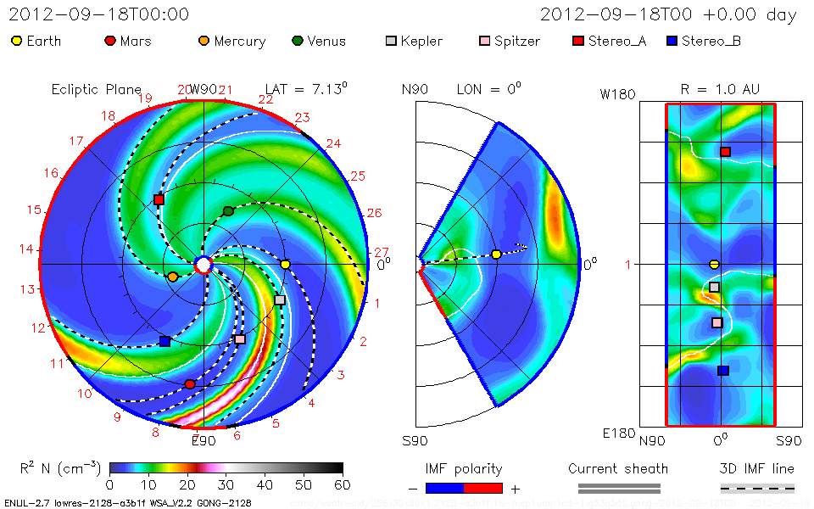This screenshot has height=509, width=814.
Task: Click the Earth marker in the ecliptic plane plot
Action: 286,265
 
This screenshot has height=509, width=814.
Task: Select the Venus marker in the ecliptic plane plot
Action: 227,210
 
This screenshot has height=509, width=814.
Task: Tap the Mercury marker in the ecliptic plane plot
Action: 173,277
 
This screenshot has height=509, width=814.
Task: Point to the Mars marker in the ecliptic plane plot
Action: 190,384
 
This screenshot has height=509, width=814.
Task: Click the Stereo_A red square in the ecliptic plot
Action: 159,199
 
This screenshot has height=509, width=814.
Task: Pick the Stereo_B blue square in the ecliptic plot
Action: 164,341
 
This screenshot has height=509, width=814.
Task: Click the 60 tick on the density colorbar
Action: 343,485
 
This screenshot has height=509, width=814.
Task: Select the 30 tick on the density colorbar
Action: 226,485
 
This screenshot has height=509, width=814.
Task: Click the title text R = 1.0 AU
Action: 720,89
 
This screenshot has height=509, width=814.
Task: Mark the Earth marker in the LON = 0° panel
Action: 496,255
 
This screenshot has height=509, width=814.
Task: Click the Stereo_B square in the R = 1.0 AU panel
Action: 722,370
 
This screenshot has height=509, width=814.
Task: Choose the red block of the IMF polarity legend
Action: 483,488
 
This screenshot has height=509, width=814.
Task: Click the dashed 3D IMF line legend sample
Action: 757,488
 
